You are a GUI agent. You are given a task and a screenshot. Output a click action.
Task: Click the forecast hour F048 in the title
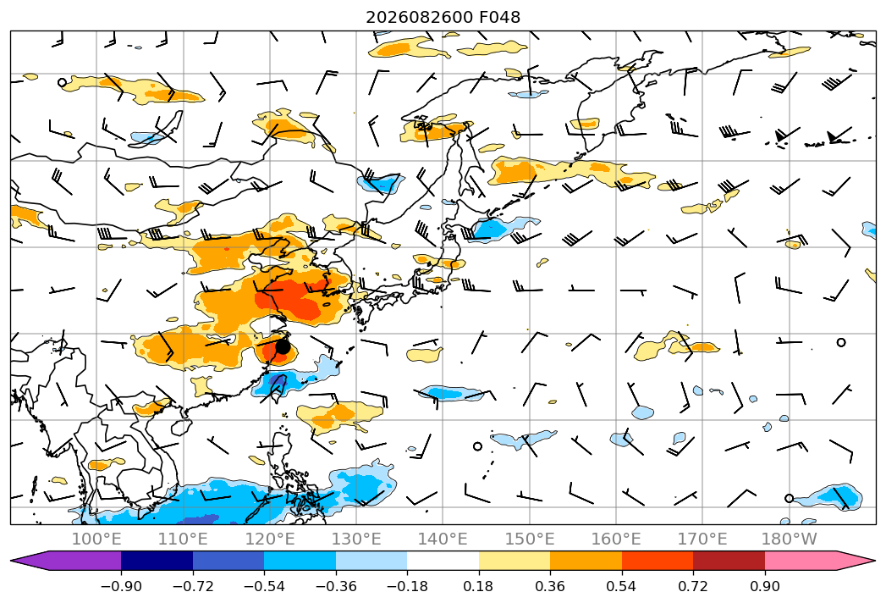click(499, 18)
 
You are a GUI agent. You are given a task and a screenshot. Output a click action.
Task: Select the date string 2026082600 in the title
click(419, 18)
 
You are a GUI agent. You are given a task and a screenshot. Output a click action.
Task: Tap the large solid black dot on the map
click(283, 346)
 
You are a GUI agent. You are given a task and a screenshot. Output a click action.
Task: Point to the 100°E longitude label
click(96, 539)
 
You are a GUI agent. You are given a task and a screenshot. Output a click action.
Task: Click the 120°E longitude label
click(270, 539)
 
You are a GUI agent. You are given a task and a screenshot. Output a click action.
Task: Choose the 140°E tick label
click(443, 539)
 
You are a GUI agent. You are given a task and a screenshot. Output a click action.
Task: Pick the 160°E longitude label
click(616, 539)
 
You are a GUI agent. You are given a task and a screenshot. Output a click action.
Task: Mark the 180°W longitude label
click(789, 539)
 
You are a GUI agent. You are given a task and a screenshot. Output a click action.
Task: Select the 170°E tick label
click(702, 539)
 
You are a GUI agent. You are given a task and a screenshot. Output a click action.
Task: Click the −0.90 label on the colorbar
click(121, 586)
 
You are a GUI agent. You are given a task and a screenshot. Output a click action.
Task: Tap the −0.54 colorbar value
click(264, 586)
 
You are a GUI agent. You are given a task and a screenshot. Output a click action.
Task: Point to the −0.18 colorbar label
click(407, 586)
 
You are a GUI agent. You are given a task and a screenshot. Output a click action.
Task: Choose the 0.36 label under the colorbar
click(550, 586)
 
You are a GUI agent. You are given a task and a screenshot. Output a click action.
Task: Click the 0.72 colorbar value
click(693, 586)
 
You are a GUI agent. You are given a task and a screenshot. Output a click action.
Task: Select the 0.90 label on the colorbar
click(764, 586)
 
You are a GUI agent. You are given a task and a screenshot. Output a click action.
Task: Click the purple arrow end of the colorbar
click(65, 561)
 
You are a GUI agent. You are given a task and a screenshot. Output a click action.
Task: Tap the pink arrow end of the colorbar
click(820, 561)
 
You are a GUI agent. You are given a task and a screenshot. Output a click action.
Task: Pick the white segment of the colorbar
click(443, 561)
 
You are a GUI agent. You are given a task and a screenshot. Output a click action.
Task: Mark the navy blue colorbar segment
click(157, 561)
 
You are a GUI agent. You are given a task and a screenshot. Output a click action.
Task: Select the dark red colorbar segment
click(729, 561)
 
